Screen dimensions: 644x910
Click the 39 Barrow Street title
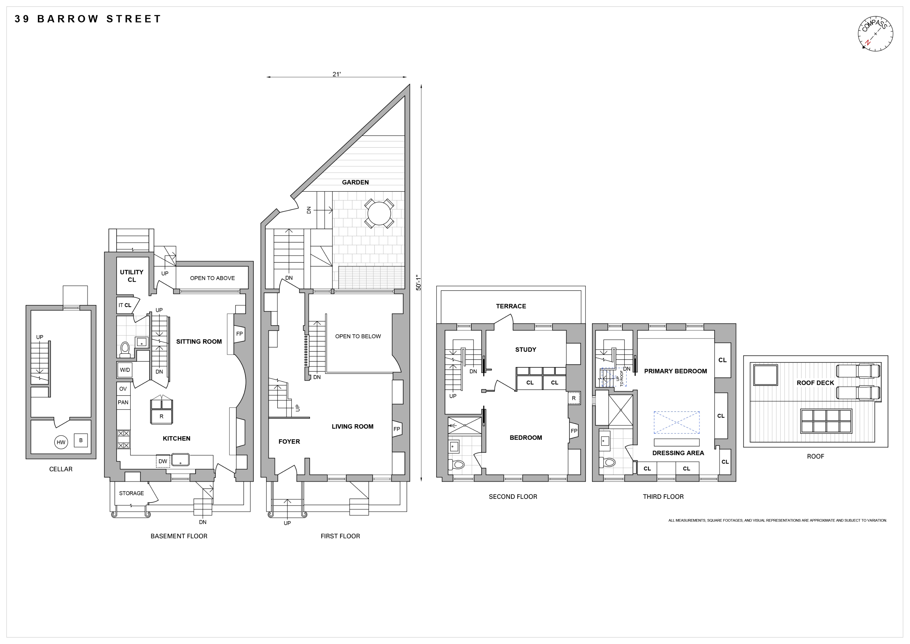coord(88,19)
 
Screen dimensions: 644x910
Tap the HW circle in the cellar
coord(61,442)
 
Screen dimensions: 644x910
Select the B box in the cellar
coord(81,440)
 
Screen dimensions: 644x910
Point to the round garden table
coord(379,214)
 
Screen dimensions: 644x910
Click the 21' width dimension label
coord(336,74)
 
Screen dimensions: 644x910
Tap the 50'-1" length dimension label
coord(418,283)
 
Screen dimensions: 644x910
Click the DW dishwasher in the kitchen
coord(163,461)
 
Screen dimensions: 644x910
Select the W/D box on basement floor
coord(125,370)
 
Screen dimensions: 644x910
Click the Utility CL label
coord(132,276)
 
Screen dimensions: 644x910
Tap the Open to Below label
coord(358,336)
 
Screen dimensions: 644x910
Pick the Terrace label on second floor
coord(511,306)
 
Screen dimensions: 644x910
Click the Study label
coord(526,349)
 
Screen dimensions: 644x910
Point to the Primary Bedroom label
coord(675,371)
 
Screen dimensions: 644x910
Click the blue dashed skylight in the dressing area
coord(677,422)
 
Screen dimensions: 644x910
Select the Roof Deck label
coord(815,383)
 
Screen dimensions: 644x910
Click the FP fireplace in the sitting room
coord(239,334)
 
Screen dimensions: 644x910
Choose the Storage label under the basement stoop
coord(132,493)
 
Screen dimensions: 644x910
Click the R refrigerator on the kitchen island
coord(161,416)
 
